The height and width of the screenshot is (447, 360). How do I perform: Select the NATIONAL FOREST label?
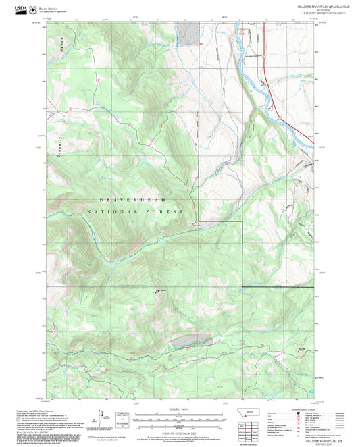135,212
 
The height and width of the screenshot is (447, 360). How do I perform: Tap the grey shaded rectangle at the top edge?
191,32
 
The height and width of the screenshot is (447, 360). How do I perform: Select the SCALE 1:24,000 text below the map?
178,410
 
